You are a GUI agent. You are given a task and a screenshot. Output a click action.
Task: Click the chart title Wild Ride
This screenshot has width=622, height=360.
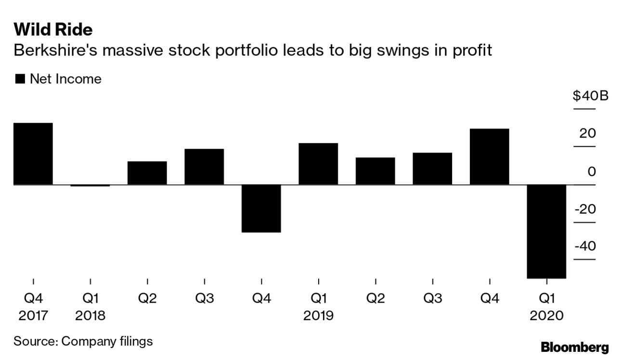(53, 30)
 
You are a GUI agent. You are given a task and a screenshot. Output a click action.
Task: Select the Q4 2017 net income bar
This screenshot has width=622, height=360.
(33, 154)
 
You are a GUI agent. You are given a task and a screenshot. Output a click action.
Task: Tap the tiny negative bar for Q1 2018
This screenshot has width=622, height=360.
(90, 185)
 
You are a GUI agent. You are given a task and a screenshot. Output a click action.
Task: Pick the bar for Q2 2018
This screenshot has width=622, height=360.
(147, 173)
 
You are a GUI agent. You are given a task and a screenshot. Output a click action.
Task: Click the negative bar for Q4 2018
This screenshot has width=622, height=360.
(261, 208)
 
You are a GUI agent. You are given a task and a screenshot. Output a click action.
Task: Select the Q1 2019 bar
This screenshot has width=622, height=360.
(318, 164)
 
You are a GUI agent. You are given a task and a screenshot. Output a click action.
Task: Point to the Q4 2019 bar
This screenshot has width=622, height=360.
(489, 156)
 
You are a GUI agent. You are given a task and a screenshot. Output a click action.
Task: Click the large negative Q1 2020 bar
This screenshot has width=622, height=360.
(546, 231)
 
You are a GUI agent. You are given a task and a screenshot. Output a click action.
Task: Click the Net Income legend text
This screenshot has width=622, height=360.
(65, 79)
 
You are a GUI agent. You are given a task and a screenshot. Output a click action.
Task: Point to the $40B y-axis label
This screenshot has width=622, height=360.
(590, 96)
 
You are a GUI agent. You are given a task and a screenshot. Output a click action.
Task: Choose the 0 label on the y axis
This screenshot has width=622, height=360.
(591, 172)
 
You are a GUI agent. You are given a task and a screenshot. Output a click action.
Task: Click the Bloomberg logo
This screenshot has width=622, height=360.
(574, 347)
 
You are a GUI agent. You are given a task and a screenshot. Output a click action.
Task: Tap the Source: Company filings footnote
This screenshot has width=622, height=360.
(83, 341)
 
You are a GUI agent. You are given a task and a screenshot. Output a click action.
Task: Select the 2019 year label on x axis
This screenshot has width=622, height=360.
(318, 316)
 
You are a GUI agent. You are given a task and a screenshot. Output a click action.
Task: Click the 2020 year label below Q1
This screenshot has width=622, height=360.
(546, 316)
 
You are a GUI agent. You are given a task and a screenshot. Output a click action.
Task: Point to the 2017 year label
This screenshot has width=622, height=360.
(33, 316)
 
